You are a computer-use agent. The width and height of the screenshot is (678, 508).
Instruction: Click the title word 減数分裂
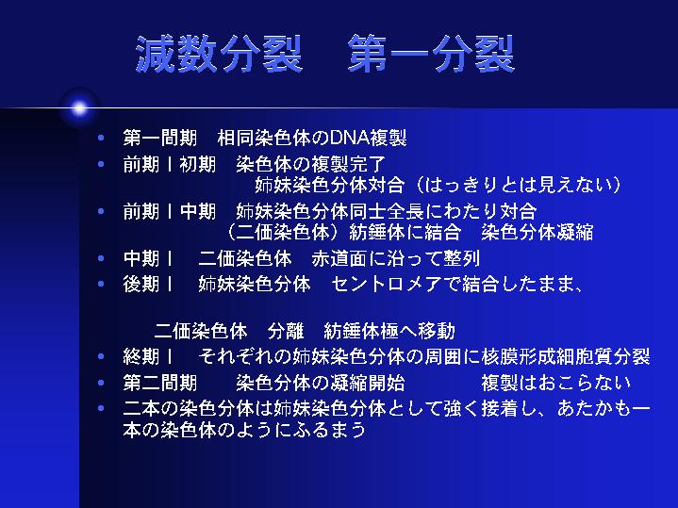tap(219, 54)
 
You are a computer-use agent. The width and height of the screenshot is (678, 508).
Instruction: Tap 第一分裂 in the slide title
tap(432, 54)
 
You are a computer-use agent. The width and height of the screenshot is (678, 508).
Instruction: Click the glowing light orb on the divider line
tap(79, 108)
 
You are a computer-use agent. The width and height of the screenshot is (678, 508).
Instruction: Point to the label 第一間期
tap(160, 139)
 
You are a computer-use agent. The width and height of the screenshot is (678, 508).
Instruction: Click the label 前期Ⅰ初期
tap(170, 165)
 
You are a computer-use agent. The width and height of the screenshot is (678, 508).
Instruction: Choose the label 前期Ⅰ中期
tap(170, 212)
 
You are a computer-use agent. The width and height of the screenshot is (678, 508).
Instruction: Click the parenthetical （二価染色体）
tap(283, 232)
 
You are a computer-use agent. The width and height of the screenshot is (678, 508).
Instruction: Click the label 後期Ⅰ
tap(148, 285)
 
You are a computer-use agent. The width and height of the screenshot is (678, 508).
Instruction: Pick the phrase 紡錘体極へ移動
tap(389, 331)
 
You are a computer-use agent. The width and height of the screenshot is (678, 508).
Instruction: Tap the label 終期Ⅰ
tap(148, 357)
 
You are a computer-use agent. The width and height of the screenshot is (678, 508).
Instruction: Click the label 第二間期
tap(160, 383)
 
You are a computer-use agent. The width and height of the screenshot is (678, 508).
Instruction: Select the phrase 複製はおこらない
tap(555, 383)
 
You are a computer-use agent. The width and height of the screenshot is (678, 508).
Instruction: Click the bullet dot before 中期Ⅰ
tap(101, 258)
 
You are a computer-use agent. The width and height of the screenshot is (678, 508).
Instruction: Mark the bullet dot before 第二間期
tap(101, 383)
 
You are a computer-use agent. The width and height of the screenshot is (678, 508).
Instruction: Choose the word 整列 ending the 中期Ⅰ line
tap(461, 259)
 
